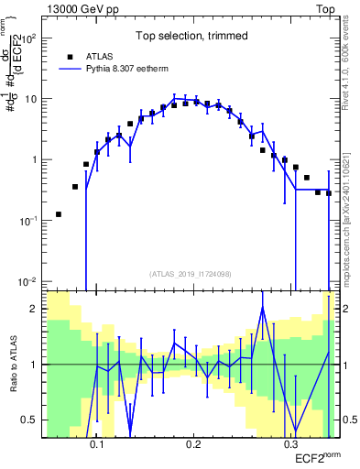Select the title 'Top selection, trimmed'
[191, 37]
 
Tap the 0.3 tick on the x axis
[290, 444]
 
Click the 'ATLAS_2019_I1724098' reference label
[191, 273]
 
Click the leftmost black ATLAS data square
[59, 214]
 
